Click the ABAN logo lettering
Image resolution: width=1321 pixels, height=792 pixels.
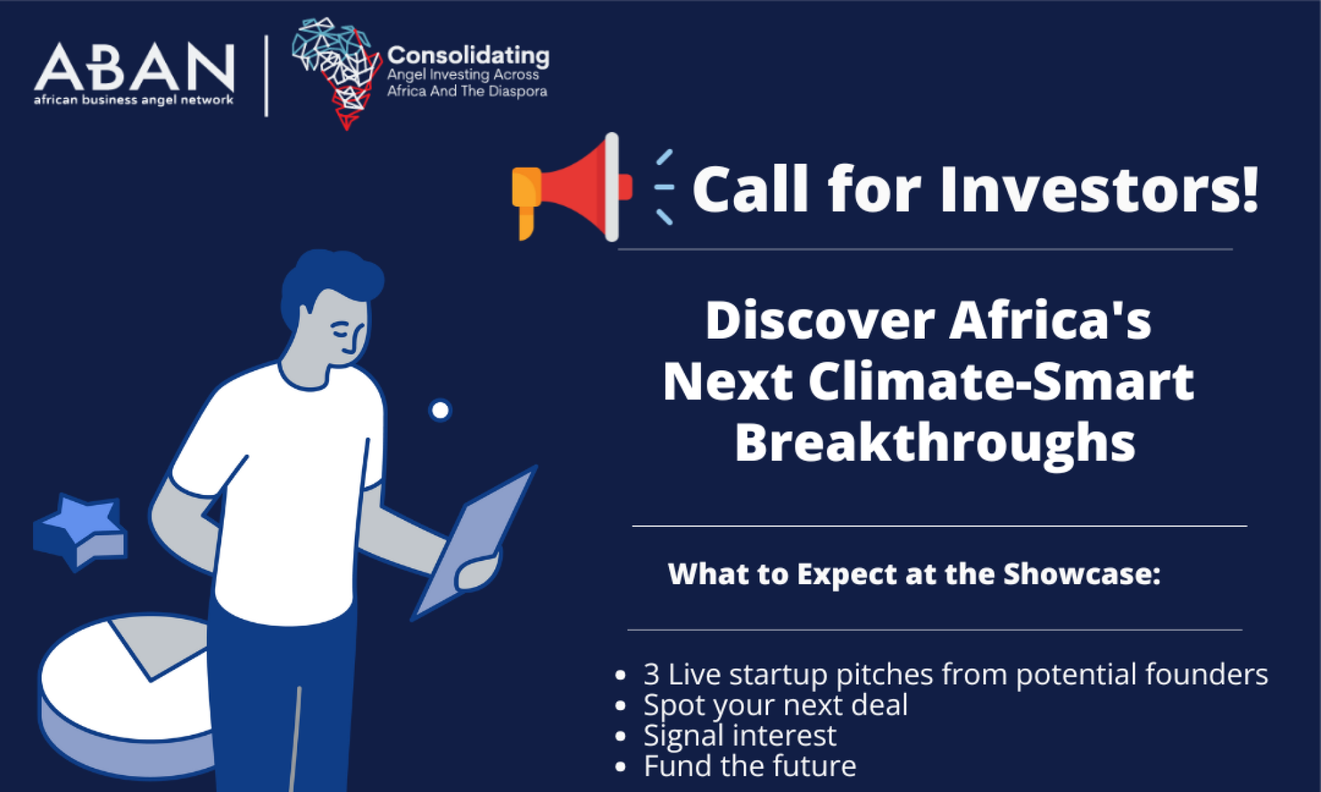[134, 67]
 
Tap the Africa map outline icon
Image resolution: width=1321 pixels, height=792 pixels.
[337, 73]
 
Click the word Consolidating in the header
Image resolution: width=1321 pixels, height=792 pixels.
[468, 56]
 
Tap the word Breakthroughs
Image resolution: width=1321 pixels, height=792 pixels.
[935, 444]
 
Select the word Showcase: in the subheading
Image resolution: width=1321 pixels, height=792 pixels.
[1082, 574]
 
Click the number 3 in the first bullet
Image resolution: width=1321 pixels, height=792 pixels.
[651, 675]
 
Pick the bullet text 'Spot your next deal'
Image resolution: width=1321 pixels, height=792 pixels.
[775, 706]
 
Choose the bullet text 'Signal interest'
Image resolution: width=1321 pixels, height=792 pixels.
[740, 736]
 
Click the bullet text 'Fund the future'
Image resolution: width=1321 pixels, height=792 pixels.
[750, 766]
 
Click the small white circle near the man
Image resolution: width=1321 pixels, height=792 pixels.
[441, 410]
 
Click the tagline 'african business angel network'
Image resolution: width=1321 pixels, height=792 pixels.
[134, 100]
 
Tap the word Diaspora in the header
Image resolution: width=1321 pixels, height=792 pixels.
[518, 92]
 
